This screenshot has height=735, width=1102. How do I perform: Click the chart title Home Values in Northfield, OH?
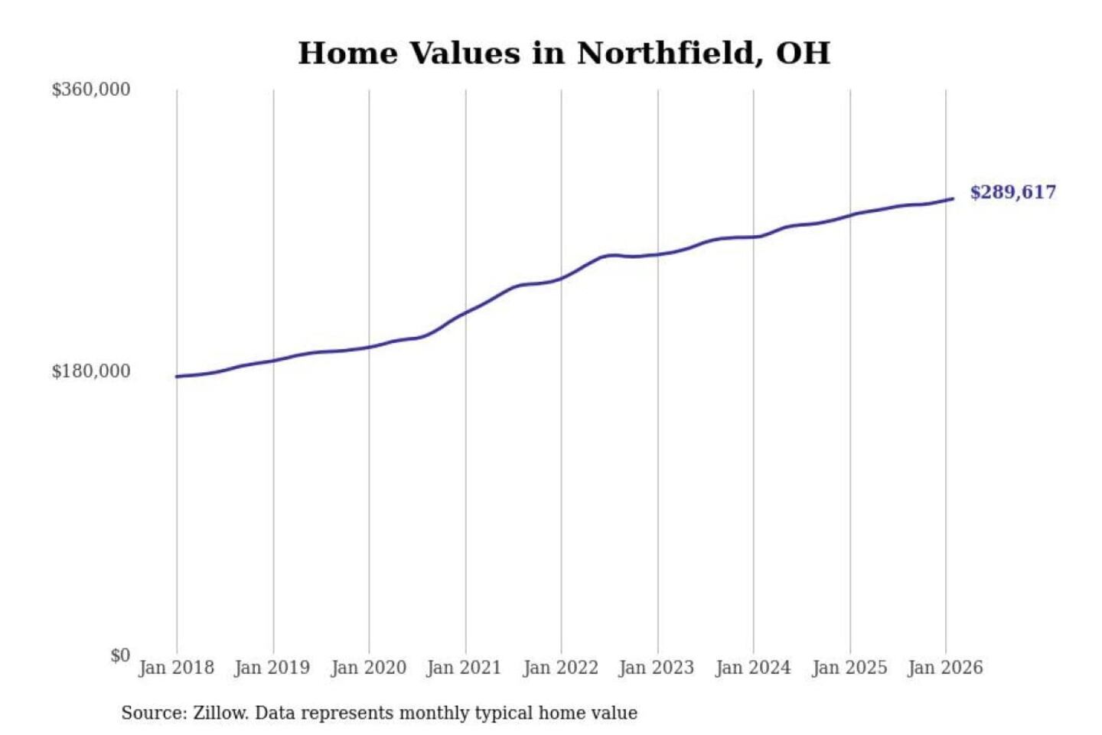point(564,54)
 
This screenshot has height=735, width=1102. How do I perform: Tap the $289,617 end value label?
point(1012,192)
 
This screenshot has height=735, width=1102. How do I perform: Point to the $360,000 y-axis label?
point(91,90)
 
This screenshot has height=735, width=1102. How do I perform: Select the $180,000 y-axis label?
point(91,371)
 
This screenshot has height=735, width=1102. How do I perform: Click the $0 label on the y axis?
point(120,655)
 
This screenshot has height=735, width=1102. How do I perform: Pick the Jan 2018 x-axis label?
point(176,668)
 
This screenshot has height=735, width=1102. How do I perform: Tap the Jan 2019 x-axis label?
point(272,668)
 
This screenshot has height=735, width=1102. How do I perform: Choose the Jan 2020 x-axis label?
point(368,668)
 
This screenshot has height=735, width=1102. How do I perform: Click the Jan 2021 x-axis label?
point(464,668)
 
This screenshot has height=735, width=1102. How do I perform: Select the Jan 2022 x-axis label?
point(560,668)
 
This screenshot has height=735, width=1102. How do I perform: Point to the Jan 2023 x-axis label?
point(656,668)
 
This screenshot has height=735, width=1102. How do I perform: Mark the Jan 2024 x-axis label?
point(752,668)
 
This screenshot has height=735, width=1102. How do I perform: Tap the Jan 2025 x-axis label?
point(849,668)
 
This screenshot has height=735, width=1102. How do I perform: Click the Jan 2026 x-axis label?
point(944,668)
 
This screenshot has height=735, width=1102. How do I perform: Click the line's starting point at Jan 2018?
point(177,377)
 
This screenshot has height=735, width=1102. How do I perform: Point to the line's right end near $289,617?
point(953,199)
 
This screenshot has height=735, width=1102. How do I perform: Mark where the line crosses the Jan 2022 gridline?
point(561,279)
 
